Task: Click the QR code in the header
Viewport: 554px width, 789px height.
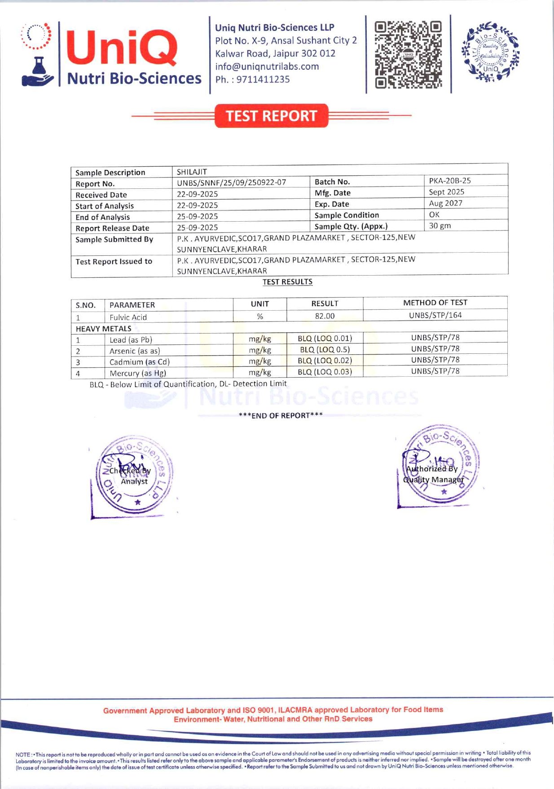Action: pyautogui.click(x=408, y=54)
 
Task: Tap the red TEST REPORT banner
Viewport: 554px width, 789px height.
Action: pyautogui.click(x=272, y=116)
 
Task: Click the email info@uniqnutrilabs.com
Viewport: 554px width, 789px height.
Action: pyautogui.click(x=267, y=67)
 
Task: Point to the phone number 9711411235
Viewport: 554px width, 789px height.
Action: pyautogui.click(x=263, y=80)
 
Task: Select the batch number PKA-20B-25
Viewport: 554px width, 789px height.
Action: pyautogui.click(x=449, y=181)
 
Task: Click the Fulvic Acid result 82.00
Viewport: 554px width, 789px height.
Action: pyautogui.click(x=325, y=316)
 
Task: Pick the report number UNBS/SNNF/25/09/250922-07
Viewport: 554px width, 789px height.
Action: pyautogui.click(x=231, y=183)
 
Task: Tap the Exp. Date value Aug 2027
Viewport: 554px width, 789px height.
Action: pyautogui.click(x=445, y=203)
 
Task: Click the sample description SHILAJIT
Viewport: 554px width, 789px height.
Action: pyautogui.click(x=192, y=172)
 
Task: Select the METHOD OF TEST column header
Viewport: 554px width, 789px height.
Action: pyautogui.click(x=435, y=303)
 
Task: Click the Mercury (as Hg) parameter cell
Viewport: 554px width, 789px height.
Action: pyautogui.click(x=137, y=373)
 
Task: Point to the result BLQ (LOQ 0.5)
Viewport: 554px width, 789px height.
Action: pyautogui.click(x=325, y=349)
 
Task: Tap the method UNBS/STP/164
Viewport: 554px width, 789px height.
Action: pyautogui.click(x=435, y=315)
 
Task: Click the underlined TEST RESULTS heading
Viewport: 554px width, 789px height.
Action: pyautogui.click(x=287, y=282)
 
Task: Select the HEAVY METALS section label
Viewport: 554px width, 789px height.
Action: pyautogui.click(x=103, y=329)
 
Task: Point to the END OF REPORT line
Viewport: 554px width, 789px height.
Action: pyautogui.click(x=281, y=415)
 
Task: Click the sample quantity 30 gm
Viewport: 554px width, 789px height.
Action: pyautogui.click(x=440, y=226)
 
